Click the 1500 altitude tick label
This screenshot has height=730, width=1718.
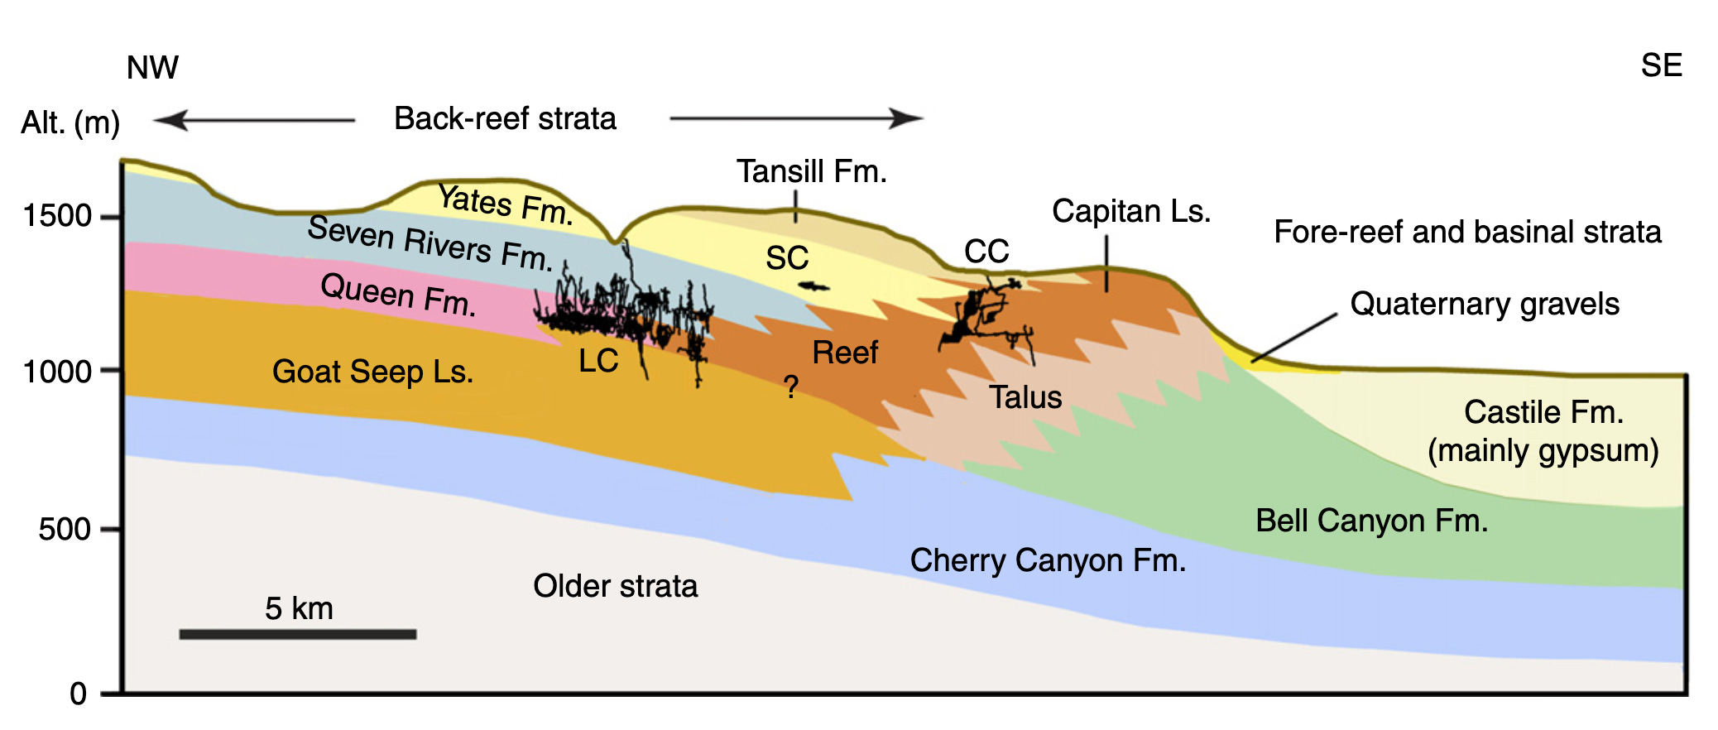(x=58, y=216)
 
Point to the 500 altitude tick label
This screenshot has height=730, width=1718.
(x=65, y=529)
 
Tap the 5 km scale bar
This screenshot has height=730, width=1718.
(x=298, y=634)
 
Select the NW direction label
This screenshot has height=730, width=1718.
(x=152, y=67)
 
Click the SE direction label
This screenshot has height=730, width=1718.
(x=1662, y=65)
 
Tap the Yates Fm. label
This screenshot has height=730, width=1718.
(x=506, y=204)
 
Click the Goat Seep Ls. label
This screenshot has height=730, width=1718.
(x=372, y=372)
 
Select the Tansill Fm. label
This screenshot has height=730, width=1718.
(x=812, y=171)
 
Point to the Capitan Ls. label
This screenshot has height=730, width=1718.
(x=1131, y=211)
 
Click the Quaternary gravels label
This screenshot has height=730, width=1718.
(x=1485, y=304)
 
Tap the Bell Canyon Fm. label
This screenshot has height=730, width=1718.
(x=1371, y=521)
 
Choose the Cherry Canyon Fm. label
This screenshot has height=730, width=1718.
(x=1048, y=560)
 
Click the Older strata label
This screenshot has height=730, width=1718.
(x=615, y=586)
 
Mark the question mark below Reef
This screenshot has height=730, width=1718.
(x=791, y=387)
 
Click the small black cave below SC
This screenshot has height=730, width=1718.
(x=813, y=286)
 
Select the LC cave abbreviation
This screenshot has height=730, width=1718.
(x=598, y=361)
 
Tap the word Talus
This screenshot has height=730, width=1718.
(x=1025, y=397)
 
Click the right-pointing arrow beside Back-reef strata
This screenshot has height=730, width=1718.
(x=796, y=118)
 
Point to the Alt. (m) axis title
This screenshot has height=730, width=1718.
(x=70, y=122)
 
